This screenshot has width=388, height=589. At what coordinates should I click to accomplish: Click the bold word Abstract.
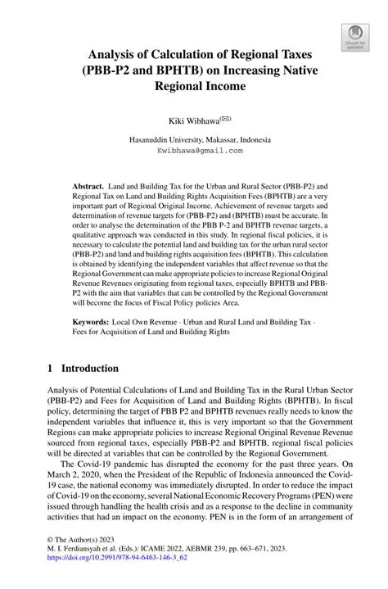coord(90,187)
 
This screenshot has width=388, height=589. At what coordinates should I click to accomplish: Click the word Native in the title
coord(297,70)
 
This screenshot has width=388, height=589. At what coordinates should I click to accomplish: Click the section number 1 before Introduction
coord(51,369)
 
